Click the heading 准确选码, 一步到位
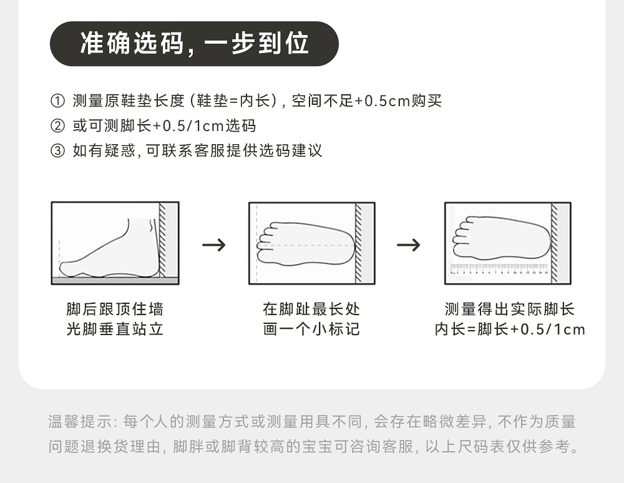tap(194, 44)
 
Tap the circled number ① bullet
tap(57, 101)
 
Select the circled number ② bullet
tap(57, 126)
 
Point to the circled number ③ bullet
tap(57, 151)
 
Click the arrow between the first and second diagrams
tap(214, 245)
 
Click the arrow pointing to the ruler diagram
tap(409, 245)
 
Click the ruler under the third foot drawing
tap(499, 270)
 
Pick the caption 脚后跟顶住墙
tap(115, 310)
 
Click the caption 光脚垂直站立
tap(115, 329)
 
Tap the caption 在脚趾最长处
tap(311, 310)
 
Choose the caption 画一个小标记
tap(311, 329)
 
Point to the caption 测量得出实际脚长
tap(509, 310)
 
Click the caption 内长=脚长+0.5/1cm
tap(509, 329)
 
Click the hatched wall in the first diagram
tap(162, 240)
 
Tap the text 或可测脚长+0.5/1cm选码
tap(164, 126)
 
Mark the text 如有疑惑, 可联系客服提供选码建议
tap(197, 151)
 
